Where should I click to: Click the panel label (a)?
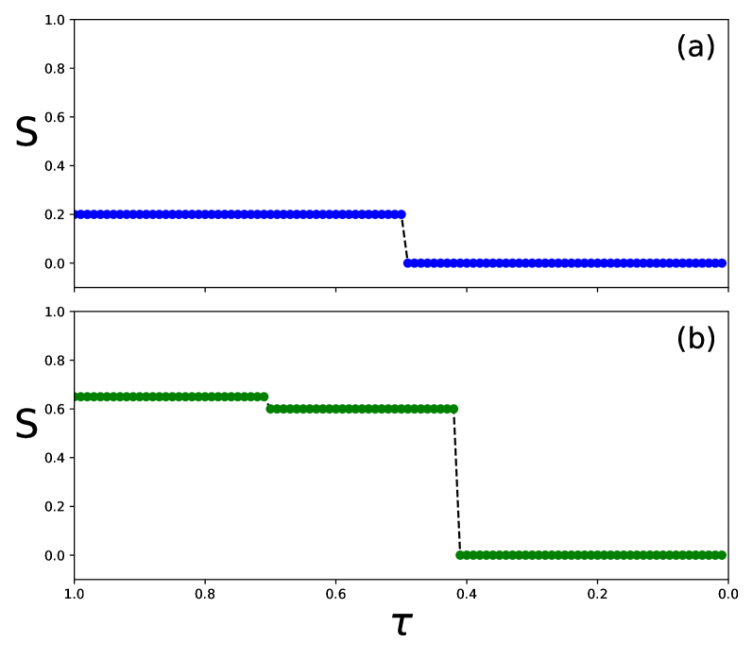click(x=695, y=48)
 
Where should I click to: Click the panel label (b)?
click(x=695, y=340)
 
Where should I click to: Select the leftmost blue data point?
click(x=77, y=214)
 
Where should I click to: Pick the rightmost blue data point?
click(x=722, y=263)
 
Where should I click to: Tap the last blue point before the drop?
click(x=402, y=214)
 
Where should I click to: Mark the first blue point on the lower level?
click(x=408, y=263)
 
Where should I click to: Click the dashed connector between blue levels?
click(x=404, y=239)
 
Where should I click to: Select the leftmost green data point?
click(x=77, y=397)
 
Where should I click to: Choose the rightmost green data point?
click(x=722, y=555)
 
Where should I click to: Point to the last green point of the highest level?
click(x=264, y=397)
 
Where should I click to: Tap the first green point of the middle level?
click(x=270, y=409)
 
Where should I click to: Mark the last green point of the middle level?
click(x=454, y=409)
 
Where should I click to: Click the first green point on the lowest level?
click(x=460, y=555)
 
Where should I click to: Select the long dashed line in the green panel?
click(x=457, y=482)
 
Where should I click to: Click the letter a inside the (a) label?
click(x=695, y=49)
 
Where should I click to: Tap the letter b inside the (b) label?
click(x=695, y=340)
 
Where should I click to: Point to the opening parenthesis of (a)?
click(x=681, y=48)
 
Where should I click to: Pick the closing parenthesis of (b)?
click(x=710, y=340)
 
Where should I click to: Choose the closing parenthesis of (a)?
click(x=710, y=48)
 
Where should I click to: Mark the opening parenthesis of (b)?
click(x=681, y=340)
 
